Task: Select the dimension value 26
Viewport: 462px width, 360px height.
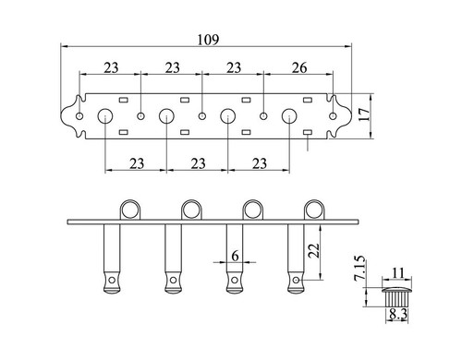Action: tap(298, 67)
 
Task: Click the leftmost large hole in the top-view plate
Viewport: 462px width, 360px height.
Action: tap(104, 116)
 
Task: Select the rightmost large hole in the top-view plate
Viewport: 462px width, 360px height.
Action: tap(289, 116)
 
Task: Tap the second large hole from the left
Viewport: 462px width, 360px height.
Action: tap(166, 116)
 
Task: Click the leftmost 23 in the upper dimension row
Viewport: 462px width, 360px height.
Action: tap(109, 67)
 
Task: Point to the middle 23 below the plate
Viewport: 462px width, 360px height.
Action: tap(198, 163)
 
